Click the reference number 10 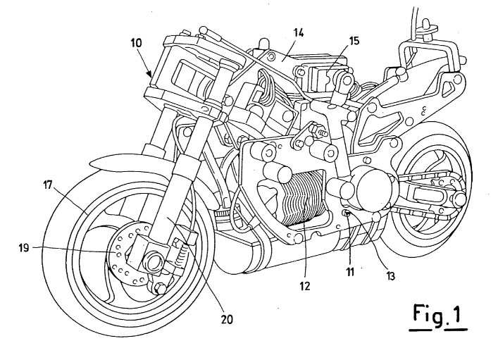pyautogui.click(x=137, y=44)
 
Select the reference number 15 pyautogui.click(x=353, y=41)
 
